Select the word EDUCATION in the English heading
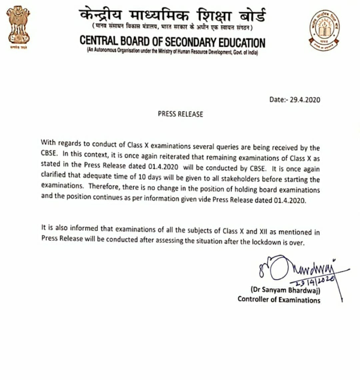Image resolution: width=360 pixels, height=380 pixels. point(235,43)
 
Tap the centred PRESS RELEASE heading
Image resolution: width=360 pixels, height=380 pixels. point(180,113)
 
